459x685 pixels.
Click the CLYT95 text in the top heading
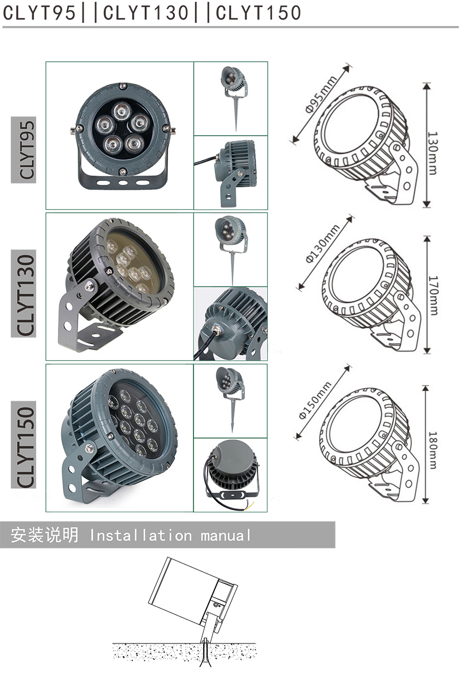pos(39,13)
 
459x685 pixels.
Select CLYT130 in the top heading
pos(146,13)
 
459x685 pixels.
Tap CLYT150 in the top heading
pos(258,13)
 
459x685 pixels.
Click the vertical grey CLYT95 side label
pos(23,150)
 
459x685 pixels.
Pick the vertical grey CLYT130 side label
pos(23,294)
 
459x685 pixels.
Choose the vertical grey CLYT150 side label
pos(23,444)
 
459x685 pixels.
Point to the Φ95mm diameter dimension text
pos(321,93)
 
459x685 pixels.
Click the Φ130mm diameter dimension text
pos(322,243)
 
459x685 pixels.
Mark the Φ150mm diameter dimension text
pos(315,400)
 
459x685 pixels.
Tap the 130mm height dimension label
pos(432,153)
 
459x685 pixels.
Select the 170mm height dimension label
pos(433,295)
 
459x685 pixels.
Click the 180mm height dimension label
pos(433,450)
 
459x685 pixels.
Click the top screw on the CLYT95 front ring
pos(122,86)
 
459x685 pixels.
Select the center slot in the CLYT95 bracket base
pos(122,183)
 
